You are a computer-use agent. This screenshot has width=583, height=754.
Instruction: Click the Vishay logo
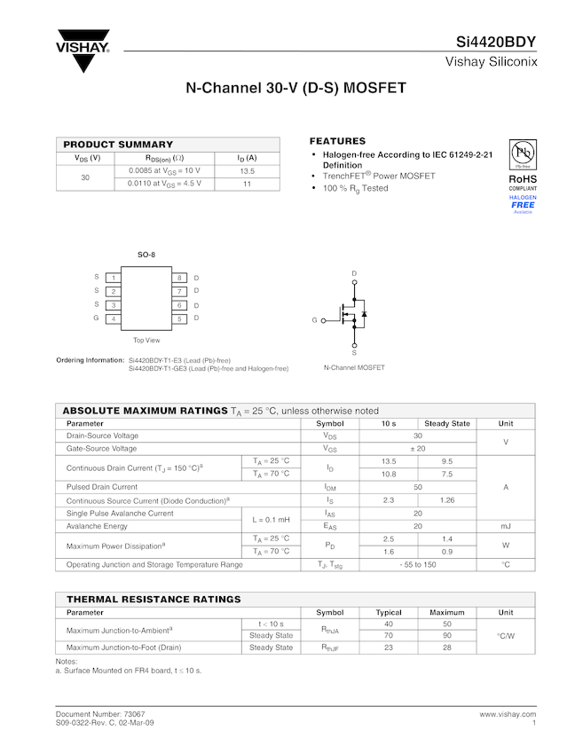pos(83,52)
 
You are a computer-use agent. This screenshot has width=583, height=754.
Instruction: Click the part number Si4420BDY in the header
pos(496,42)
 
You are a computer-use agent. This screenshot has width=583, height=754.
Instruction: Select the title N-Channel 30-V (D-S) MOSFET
pos(295,89)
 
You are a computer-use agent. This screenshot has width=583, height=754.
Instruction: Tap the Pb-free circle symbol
pos(523,153)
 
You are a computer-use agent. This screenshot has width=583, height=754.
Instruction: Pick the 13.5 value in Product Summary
pos(247,170)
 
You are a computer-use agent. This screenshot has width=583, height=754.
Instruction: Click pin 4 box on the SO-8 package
pos(114,318)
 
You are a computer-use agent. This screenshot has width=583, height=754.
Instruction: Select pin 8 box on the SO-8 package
pos(178,279)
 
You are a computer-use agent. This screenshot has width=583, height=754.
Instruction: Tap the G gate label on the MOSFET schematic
pos(313,320)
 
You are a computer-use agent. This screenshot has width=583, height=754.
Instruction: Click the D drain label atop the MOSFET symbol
pos(354,273)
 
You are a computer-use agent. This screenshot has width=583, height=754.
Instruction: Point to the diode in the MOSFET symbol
pos(364,314)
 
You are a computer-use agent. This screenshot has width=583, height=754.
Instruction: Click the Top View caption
pos(146,341)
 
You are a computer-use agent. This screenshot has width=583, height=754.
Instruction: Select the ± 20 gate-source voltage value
pos(417,449)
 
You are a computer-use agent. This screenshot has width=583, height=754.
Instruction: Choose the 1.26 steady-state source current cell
pos(446,500)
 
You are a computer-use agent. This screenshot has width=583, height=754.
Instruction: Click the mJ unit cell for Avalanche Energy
pos(506,526)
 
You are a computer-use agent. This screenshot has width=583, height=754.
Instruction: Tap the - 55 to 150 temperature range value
pos(417,564)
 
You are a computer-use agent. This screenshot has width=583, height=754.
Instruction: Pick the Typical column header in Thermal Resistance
pos(389,612)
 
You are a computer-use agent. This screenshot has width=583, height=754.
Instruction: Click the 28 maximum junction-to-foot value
pos(446,648)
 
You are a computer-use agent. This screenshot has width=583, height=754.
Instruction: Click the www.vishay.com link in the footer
pos(508,714)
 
